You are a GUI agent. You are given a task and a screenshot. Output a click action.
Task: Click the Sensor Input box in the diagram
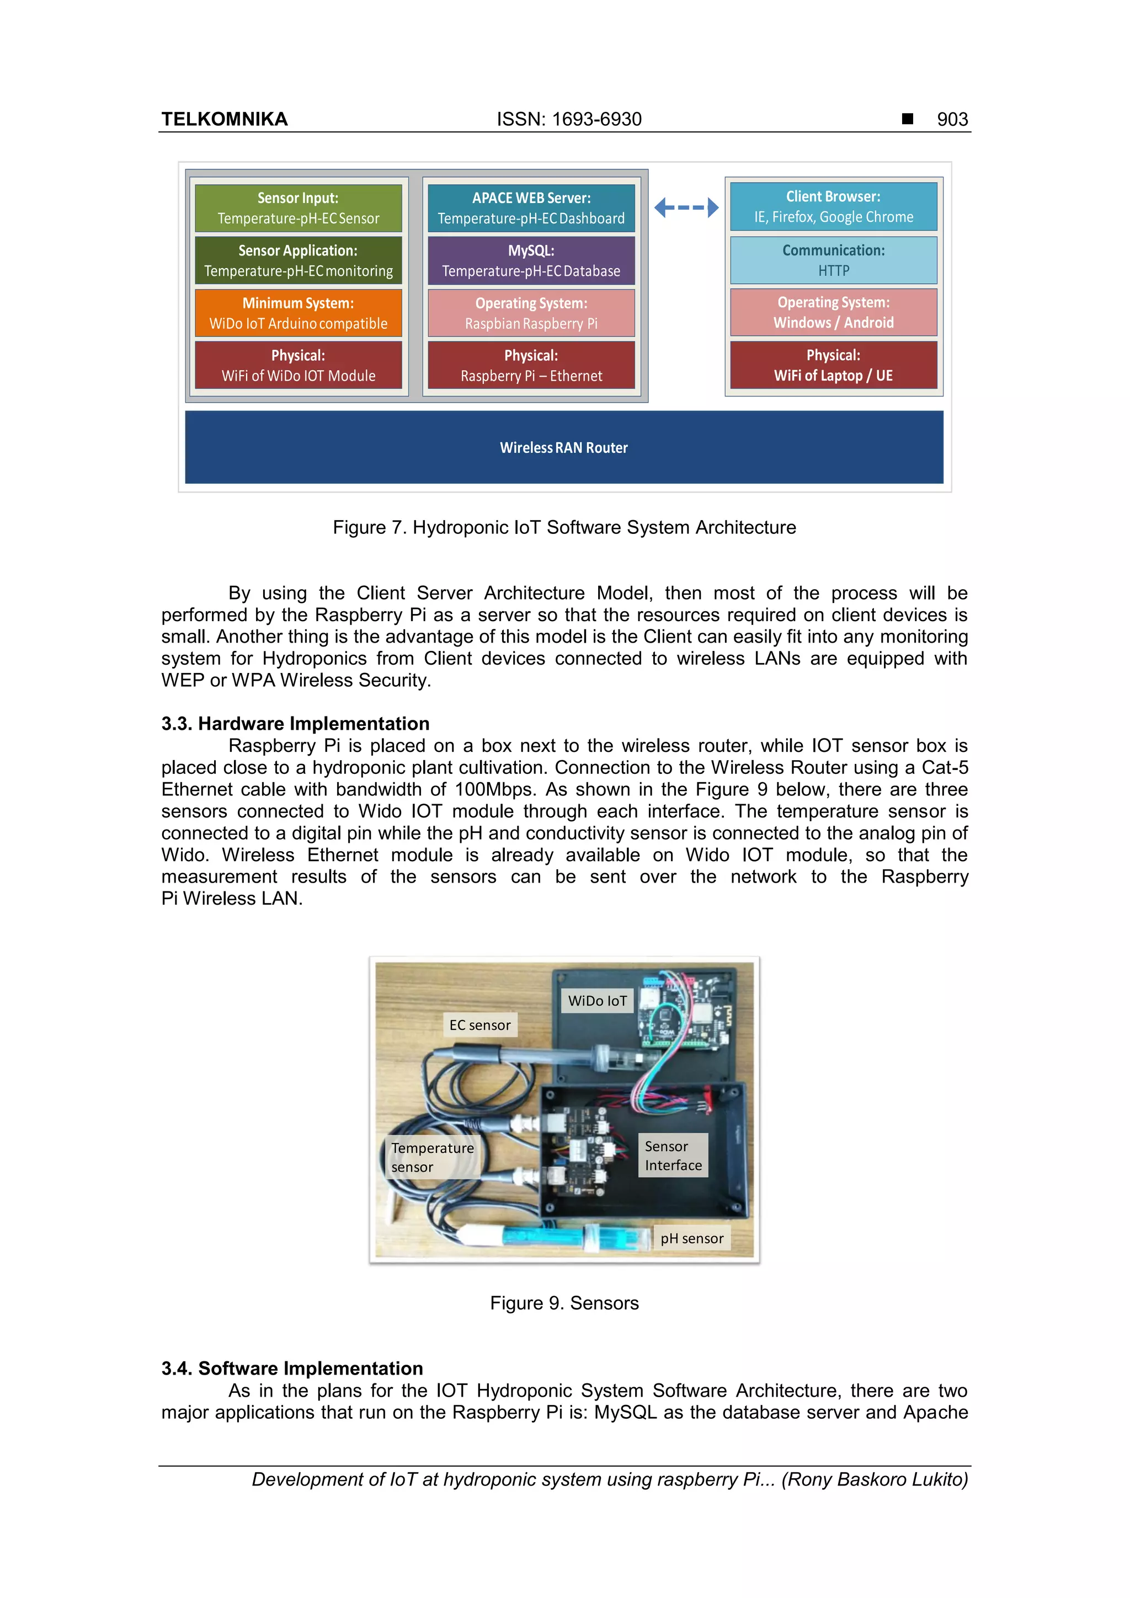click(x=298, y=208)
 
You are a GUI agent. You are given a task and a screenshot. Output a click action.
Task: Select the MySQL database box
click(x=531, y=261)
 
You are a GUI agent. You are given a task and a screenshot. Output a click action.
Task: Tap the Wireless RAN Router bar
click(x=564, y=447)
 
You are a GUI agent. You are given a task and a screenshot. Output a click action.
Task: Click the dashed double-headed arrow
click(x=686, y=207)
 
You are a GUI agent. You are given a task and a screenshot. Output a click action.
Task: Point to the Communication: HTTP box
click(x=833, y=260)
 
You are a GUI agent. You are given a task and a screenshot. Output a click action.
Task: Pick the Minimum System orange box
click(x=298, y=313)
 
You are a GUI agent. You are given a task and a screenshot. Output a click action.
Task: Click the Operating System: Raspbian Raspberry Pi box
click(x=531, y=313)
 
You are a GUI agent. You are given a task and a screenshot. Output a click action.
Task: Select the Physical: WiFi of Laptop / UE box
click(x=833, y=365)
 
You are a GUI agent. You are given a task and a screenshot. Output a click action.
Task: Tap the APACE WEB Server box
click(x=531, y=208)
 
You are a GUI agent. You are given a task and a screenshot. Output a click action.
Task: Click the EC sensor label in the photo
click(x=479, y=1025)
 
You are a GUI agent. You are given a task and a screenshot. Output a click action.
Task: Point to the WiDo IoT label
click(x=598, y=1001)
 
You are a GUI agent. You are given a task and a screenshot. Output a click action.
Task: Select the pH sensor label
click(x=692, y=1239)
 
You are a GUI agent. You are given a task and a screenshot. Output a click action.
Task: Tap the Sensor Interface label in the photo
click(x=673, y=1156)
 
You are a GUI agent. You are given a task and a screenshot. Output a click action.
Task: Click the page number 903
click(x=952, y=120)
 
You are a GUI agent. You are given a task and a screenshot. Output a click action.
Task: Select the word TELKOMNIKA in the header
click(x=224, y=120)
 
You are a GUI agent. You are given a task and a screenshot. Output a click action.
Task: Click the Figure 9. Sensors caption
click(x=564, y=1303)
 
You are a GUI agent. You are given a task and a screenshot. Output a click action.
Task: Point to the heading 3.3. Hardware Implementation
click(x=295, y=724)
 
